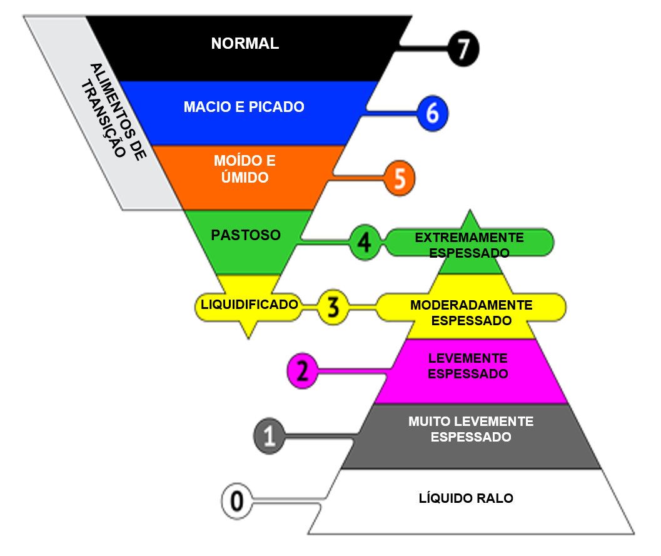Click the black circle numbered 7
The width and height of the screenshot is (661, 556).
coord(463,49)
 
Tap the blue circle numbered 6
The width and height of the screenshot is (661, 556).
coord(433,113)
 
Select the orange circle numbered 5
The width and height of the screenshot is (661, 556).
coord(399,178)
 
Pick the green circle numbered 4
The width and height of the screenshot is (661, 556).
coord(365,243)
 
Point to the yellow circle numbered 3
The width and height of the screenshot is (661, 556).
coord(333,307)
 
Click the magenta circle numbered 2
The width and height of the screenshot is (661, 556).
coord(302,371)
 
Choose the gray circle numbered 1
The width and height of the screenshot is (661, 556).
coord(270,436)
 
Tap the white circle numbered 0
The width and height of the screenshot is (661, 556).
coord(237,501)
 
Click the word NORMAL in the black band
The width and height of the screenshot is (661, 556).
coord(245,43)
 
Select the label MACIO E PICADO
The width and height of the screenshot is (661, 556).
coord(244,107)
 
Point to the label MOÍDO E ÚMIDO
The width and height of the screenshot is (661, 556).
coord(245,169)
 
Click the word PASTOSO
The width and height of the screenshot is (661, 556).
coord(246,235)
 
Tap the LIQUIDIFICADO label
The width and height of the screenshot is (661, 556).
coord(249,305)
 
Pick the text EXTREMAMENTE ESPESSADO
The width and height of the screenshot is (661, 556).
coord(469,245)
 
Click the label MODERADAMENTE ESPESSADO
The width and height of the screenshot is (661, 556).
coord(472,313)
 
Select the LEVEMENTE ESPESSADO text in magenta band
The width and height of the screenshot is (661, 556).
coord(468,366)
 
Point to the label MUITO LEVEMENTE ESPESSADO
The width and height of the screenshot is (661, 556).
coord(471,429)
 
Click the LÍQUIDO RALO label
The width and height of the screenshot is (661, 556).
coord(466,498)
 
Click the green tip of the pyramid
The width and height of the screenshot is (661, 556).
coord(470,210)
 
